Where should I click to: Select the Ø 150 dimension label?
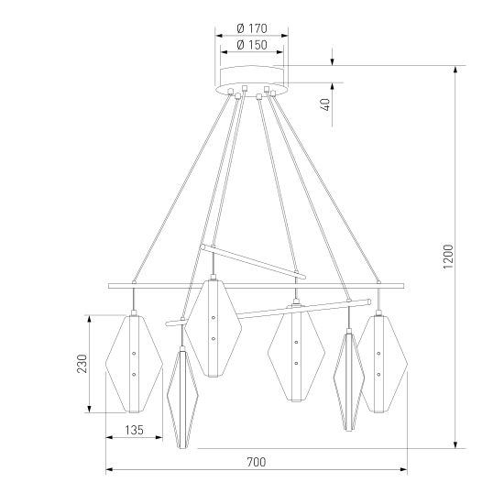pyautogui.click(x=250, y=44)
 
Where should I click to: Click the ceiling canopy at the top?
pyautogui.click(x=251, y=77)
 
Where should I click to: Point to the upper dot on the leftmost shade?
pyautogui.click(x=134, y=353)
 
